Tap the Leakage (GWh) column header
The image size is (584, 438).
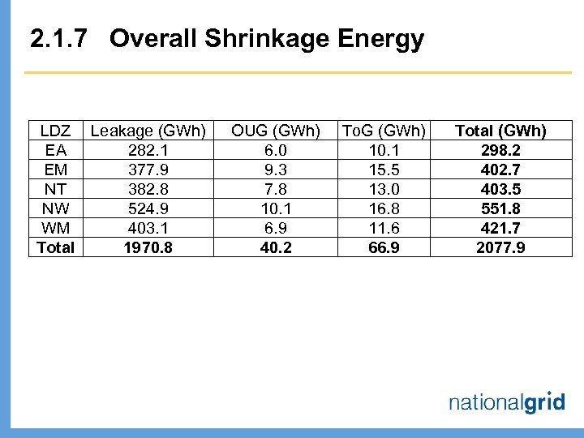pyautogui.click(x=148, y=131)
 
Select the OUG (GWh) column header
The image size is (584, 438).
pyautogui.click(x=276, y=131)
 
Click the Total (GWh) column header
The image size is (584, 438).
pyautogui.click(x=500, y=131)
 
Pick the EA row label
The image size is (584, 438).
pyautogui.click(x=56, y=150)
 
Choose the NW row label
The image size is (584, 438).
pyautogui.click(x=56, y=208)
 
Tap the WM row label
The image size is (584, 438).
pyautogui.click(x=56, y=228)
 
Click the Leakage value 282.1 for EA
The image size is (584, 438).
pyautogui.click(x=148, y=150)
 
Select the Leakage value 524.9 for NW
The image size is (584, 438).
pyautogui.click(x=148, y=208)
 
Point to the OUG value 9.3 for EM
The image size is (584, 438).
pyautogui.click(x=276, y=170)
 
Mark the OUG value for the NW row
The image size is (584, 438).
pyautogui.click(x=276, y=208)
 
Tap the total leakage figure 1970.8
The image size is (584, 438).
pyautogui.click(x=148, y=247)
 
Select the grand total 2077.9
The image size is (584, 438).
pyautogui.click(x=500, y=247)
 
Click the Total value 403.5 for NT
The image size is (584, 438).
pyautogui.click(x=500, y=189)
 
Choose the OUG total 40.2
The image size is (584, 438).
pyautogui.click(x=276, y=247)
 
